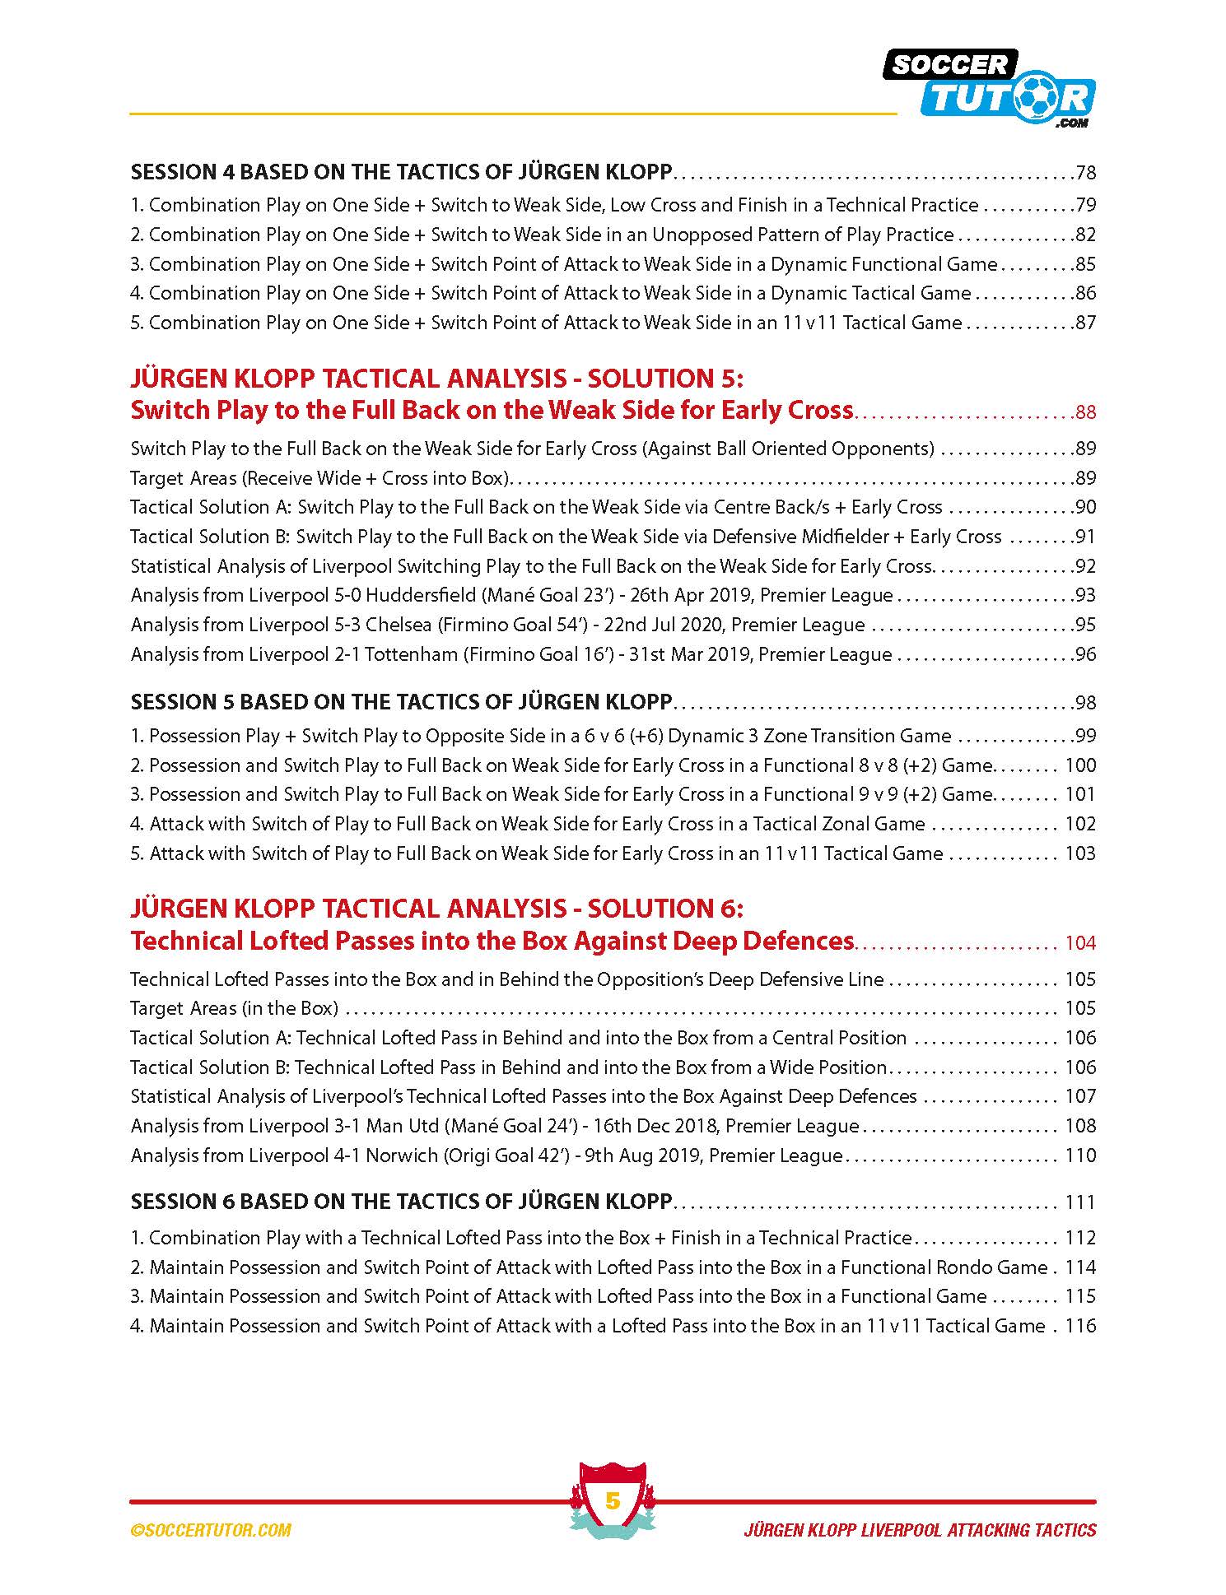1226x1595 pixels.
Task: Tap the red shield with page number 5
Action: tap(612, 1500)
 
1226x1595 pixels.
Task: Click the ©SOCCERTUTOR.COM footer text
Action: tap(211, 1530)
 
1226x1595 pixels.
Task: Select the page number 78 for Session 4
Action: tap(1085, 173)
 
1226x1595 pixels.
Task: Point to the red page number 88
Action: tap(1085, 412)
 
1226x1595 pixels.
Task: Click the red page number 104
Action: tap(1080, 943)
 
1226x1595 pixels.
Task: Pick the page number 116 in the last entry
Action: tap(1080, 1326)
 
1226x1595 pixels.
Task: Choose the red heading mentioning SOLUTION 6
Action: tap(436, 909)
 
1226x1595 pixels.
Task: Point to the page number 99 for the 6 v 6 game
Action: tap(1085, 736)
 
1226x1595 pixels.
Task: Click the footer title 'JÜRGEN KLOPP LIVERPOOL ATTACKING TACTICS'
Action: tap(920, 1530)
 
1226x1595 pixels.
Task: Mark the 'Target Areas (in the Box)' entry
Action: tap(235, 1008)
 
